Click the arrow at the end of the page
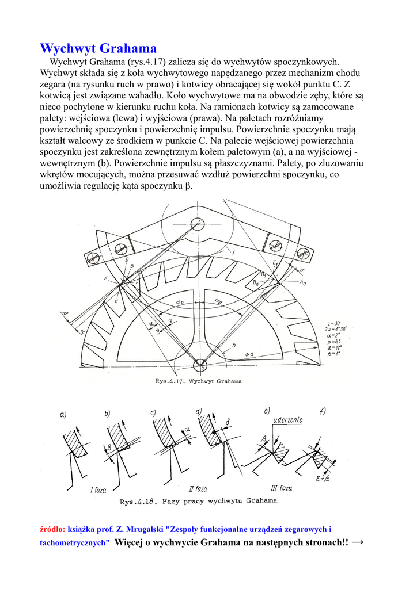click(x=358, y=542)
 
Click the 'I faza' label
click(x=98, y=490)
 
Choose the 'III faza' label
click(x=281, y=488)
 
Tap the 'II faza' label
click(x=198, y=489)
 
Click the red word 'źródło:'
click(x=52, y=529)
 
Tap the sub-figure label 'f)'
click(x=323, y=411)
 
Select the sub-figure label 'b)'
click(x=107, y=413)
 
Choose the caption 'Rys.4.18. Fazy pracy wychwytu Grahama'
click(x=198, y=500)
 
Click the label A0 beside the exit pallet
click(x=303, y=283)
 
